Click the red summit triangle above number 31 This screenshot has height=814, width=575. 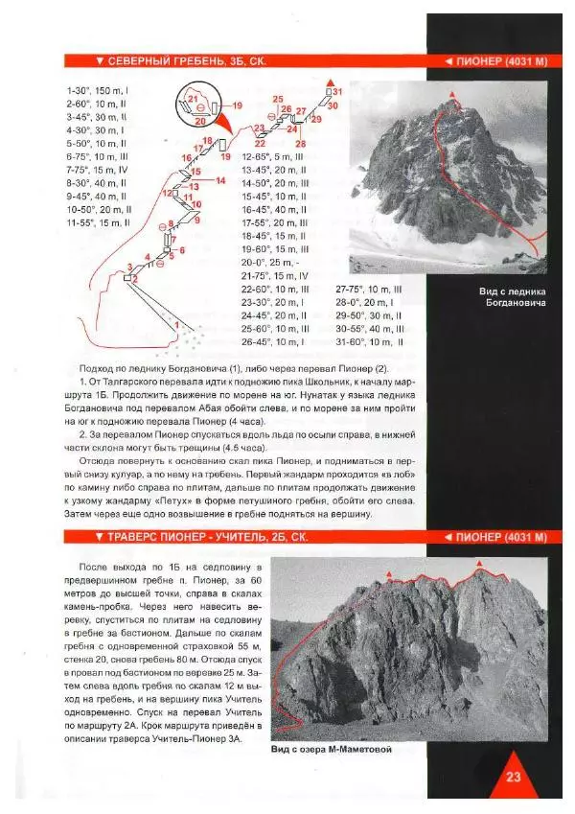coord(331,79)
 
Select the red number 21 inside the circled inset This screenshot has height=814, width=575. coord(192,99)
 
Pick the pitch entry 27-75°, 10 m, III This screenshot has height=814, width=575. coord(368,289)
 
